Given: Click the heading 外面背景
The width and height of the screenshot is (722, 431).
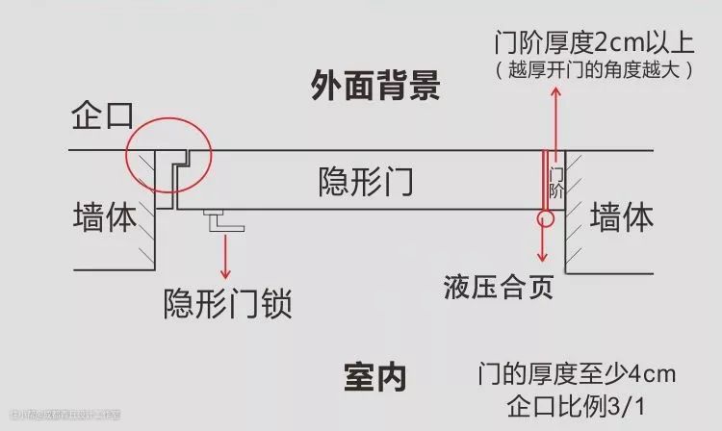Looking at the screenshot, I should tap(375, 87).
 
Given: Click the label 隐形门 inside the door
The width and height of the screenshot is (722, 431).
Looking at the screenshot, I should tap(365, 181).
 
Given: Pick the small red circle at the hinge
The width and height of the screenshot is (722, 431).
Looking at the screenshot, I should tap(546, 217).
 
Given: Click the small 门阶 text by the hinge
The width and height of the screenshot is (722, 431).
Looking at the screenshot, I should tap(556, 182).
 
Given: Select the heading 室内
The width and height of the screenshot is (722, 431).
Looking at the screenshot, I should tap(374, 376).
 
